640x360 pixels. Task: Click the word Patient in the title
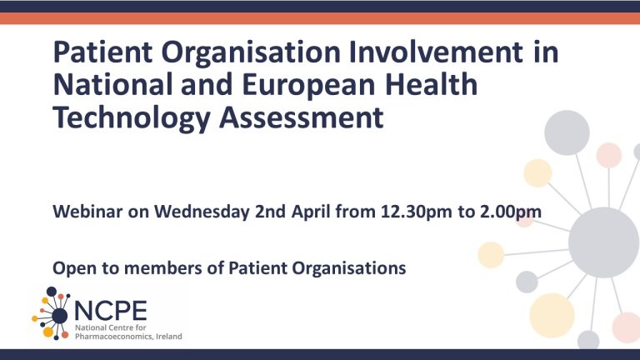click(102, 52)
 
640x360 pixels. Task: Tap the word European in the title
click(308, 84)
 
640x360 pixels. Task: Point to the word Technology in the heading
click(131, 117)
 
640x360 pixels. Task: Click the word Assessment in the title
click(301, 117)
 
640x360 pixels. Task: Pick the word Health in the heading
click(432, 84)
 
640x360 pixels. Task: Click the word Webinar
click(87, 212)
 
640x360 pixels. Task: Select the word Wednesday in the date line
click(201, 212)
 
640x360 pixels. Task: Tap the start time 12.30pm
click(417, 212)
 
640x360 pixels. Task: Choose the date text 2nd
click(270, 212)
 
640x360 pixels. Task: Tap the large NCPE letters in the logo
click(111, 311)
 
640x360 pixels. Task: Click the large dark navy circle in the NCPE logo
click(60, 316)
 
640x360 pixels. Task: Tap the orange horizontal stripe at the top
click(320, 18)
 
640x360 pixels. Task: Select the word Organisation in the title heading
click(251, 52)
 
